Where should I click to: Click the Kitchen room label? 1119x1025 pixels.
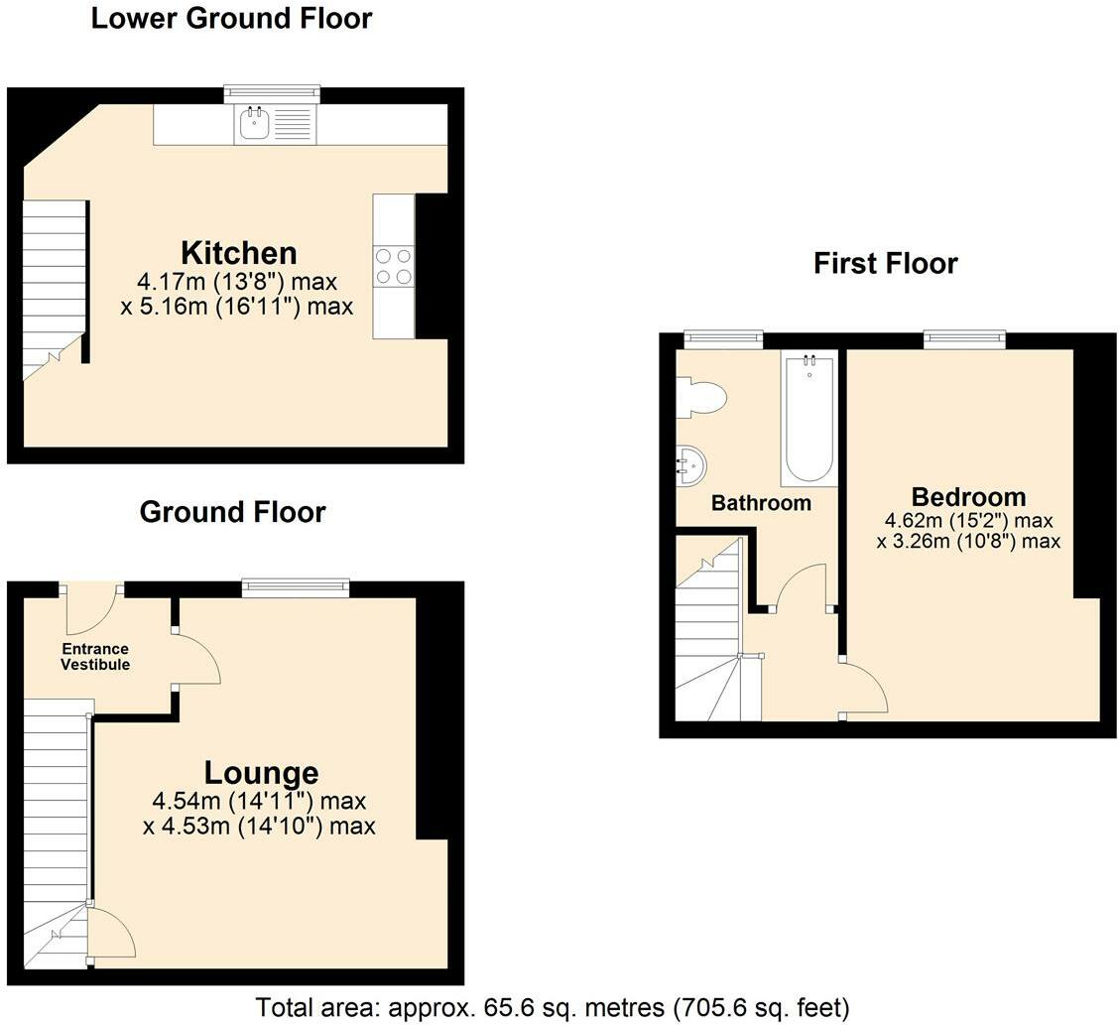238,253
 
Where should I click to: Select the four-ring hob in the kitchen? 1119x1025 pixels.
393,266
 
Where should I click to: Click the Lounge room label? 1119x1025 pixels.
261,772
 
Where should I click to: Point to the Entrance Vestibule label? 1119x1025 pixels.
95,657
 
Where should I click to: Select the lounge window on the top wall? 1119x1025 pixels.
296,588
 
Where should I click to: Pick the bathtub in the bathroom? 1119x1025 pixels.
808,419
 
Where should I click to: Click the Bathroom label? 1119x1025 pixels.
762,503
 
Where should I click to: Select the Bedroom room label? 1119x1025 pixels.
968,497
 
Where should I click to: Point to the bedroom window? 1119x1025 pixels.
965,339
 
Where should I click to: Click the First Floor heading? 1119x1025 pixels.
886,263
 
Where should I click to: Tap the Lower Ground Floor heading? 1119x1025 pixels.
231,19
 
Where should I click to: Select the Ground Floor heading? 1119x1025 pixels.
233,512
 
